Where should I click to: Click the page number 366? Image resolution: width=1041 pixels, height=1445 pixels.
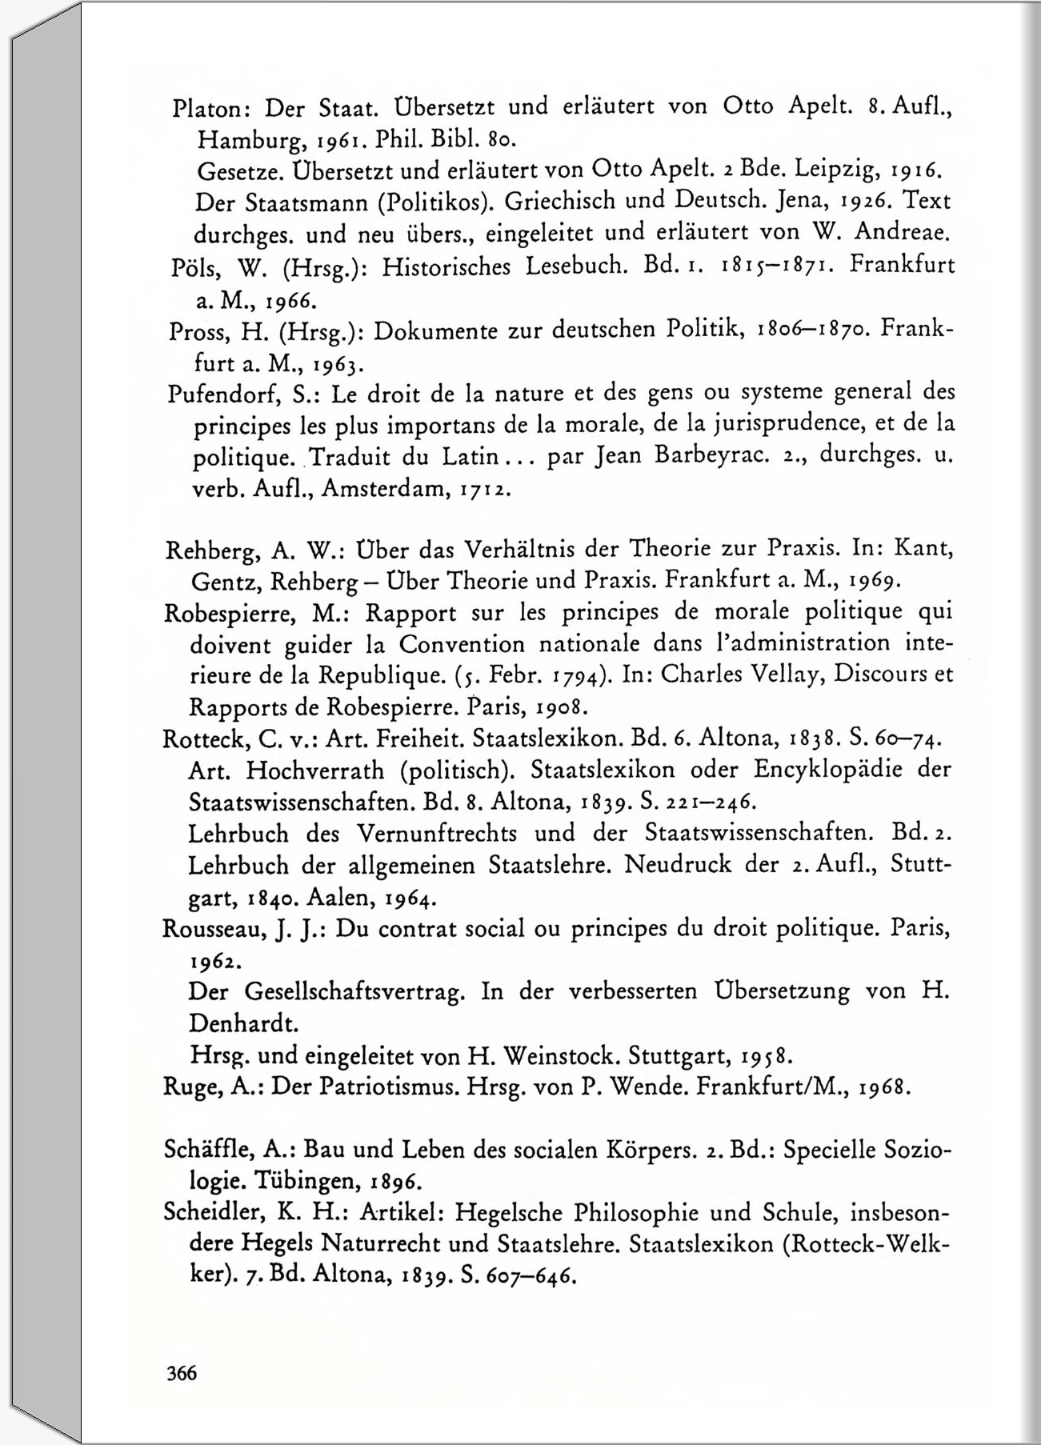(182, 1373)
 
